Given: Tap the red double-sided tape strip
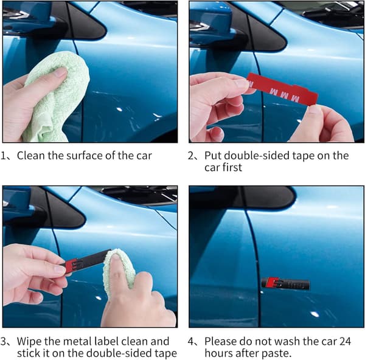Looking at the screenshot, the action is (282, 89).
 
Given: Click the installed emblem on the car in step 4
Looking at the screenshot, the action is (285, 283).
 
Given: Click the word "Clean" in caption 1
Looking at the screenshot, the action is (31, 156).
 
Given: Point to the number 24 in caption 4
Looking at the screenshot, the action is (345, 341).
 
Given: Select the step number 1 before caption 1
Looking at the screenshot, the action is (3, 156).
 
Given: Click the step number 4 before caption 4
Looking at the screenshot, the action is (190, 342).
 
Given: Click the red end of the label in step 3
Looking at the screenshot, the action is (71, 265).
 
